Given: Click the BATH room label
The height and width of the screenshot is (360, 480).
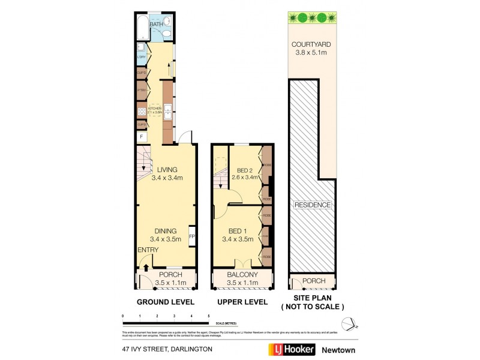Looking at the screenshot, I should point(156,25).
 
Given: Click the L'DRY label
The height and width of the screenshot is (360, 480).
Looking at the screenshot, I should point(142,58).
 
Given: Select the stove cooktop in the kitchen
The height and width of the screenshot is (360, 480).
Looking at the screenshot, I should point(142,110).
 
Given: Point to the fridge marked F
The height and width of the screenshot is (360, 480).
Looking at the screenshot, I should point(142,137).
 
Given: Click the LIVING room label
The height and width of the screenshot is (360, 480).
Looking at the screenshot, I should point(167,170).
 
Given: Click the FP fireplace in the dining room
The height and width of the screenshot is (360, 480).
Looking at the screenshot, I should point(192,236).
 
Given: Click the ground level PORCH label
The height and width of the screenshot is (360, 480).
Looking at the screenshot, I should point(167,275).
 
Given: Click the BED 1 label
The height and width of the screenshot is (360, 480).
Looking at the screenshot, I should point(238,231).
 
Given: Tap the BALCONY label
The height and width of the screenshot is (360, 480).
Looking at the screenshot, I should point(242,275).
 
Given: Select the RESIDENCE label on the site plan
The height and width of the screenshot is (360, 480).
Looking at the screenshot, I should point(313,205).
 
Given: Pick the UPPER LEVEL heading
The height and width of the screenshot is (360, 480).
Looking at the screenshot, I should point(242,302).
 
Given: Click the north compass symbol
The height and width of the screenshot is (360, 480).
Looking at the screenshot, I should point(352,323).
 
